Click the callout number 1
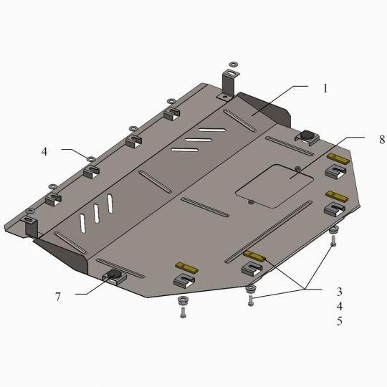pos(325,88)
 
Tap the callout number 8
pos(382,140)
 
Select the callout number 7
pos(58,297)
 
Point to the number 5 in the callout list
pos(340,321)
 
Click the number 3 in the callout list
pos(340,292)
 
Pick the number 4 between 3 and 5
pos(340,306)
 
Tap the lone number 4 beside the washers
pos(44,151)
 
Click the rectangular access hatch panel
pos(274,186)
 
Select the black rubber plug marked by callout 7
pos(114,274)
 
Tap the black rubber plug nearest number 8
pos(306,135)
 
